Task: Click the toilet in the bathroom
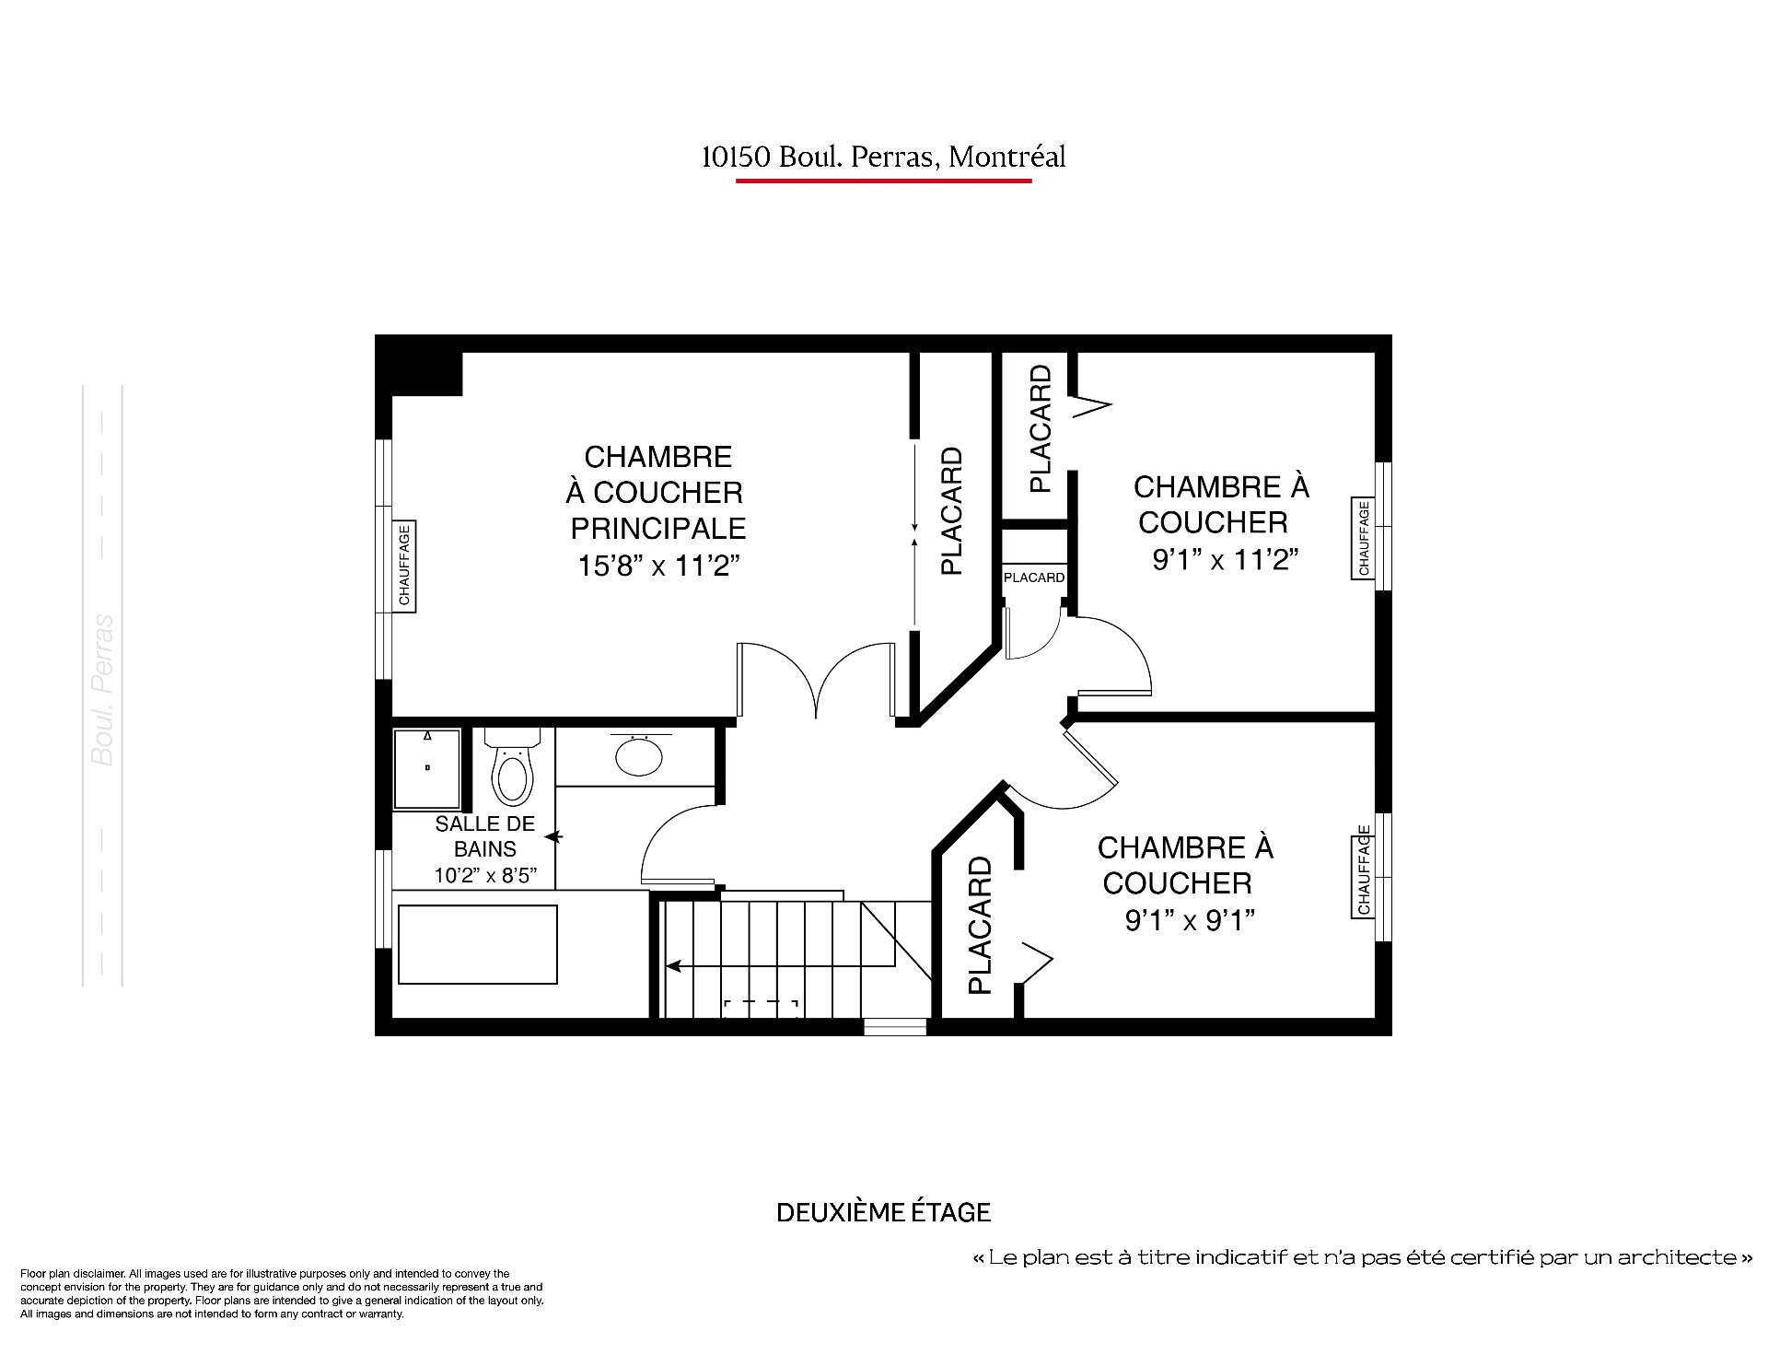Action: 513,766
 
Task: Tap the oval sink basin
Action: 638,757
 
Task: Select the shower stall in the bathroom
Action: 427,769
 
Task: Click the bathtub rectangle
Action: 478,944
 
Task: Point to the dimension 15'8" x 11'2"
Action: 659,565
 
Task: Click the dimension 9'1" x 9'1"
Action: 1191,920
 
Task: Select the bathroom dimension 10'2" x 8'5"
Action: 485,874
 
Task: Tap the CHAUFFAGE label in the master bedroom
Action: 404,565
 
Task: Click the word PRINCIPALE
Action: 658,529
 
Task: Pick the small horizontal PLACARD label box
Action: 1033,578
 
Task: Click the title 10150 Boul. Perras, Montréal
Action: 884,158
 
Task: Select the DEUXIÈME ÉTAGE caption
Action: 884,1212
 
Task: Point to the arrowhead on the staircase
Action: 673,966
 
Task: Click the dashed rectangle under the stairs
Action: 760,1009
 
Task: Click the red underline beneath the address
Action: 884,181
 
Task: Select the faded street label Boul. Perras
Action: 103,690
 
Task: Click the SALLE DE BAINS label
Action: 485,836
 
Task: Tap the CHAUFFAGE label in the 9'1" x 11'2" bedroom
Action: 1363,538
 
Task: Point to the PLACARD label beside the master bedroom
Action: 951,512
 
